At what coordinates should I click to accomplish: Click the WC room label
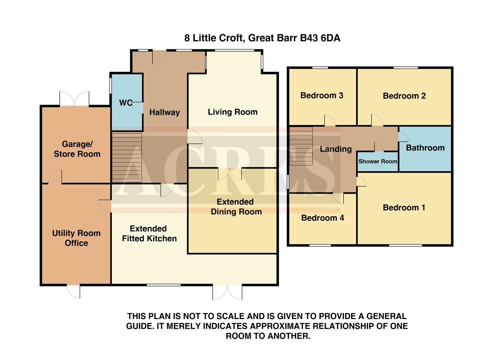[x=126, y=103]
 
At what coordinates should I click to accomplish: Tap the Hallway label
[x=164, y=112]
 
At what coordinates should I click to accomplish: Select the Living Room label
[x=232, y=112]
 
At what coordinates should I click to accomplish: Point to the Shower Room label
[x=378, y=161]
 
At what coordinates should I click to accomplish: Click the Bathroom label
[x=425, y=148]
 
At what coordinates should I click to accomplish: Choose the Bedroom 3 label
[x=322, y=96]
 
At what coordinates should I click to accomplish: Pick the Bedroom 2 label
[x=404, y=96]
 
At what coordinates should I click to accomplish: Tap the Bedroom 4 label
[x=322, y=218]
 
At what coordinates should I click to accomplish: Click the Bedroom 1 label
[x=404, y=208]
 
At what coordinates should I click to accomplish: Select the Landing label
[x=336, y=149]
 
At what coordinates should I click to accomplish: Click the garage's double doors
[x=74, y=99]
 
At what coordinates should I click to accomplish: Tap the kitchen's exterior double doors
[x=227, y=292]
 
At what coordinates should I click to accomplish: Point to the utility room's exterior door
[x=74, y=291]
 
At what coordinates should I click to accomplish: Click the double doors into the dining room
[x=230, y=173]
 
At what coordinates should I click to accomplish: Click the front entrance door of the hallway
[x=159, y=57]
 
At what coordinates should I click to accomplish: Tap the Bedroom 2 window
[x=405, y=68]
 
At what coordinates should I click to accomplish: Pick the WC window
[x=110, y=86]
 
